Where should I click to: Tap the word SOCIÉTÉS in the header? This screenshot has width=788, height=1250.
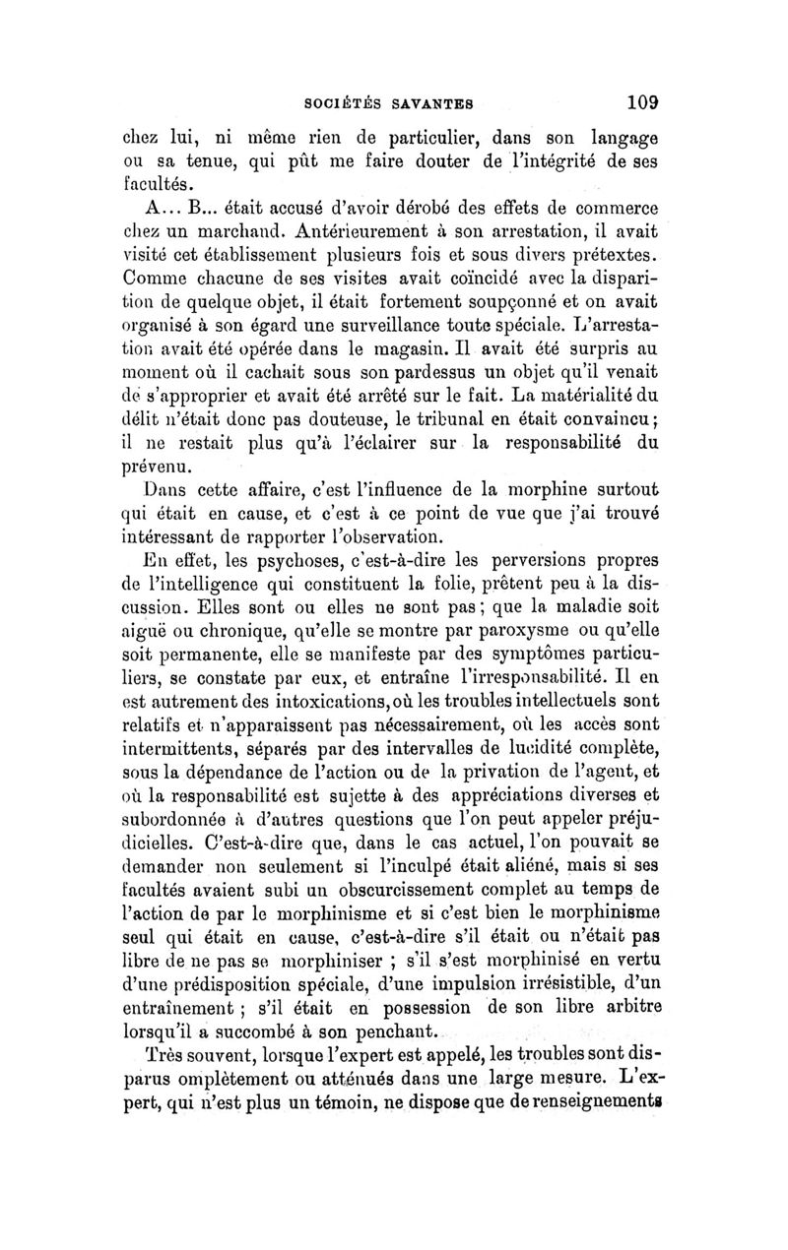(x=339, y=100)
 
